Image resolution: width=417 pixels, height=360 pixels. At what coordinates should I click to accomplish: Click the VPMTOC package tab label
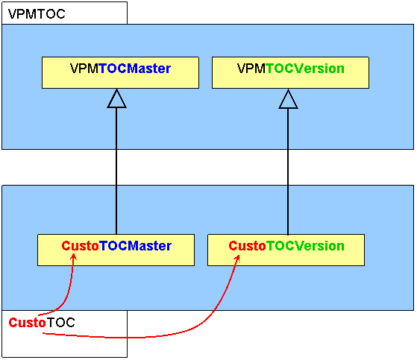(37, 14)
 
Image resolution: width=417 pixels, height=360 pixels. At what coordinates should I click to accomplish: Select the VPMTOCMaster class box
(120, 72)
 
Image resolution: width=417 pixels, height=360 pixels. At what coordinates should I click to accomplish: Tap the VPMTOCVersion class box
(290, 72)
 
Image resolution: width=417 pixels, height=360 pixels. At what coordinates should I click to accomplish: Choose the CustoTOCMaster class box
(116, 250)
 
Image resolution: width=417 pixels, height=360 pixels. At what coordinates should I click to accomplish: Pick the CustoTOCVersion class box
(286, 250)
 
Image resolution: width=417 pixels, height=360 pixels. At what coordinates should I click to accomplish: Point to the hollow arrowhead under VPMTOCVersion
(288, 99)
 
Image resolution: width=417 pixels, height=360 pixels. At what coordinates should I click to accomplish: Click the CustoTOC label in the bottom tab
(42, 323)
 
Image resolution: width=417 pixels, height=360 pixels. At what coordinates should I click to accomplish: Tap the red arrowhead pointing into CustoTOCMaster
(73, 257)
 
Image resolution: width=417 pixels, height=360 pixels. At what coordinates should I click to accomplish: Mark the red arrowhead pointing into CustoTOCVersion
(237, 259)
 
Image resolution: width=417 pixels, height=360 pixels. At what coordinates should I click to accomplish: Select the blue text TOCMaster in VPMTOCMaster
(134, 69)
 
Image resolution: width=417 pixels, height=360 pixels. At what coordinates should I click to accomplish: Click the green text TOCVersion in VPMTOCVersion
(305, 69)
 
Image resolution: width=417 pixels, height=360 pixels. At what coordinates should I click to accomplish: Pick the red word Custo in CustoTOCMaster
(80, 246)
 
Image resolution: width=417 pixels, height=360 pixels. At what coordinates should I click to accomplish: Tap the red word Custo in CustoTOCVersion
(248, 246)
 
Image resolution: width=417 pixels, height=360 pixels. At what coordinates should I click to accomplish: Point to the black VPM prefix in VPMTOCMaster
(84, 69)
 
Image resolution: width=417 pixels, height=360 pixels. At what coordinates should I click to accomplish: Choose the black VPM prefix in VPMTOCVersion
(251, 69)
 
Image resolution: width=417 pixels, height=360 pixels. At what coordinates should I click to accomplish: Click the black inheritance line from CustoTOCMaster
(116, 171)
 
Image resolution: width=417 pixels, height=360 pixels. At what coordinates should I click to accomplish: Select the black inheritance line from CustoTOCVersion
(288, 171)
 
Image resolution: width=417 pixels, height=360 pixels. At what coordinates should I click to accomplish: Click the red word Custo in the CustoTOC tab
(27, 323)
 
